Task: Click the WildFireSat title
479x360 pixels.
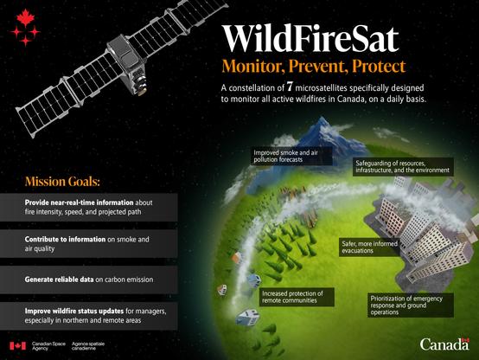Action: (310, 38)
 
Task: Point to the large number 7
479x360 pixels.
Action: (290, 87)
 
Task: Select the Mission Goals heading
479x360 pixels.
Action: (62, 182)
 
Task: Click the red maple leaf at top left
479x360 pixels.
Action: (26, 17)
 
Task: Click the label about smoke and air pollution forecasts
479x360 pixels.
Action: (291, 156)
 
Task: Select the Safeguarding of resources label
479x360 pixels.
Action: (403, 167)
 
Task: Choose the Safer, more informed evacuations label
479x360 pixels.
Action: (370, 247)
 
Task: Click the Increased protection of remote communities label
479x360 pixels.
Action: (297, 297)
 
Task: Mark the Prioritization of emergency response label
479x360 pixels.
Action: (411, 305)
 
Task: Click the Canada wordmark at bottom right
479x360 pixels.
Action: (444, 344)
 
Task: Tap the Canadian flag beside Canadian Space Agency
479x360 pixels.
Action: (17, 345)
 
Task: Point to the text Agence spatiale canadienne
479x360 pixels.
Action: (88, 346)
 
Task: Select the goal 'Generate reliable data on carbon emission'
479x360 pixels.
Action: (89, 280)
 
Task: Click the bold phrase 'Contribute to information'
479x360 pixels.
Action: (65, 239)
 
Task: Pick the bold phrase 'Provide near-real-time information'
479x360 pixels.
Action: (80, 202)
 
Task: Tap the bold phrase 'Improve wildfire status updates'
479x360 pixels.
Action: (74, 311)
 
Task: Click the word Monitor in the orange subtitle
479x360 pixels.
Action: (253, 66)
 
